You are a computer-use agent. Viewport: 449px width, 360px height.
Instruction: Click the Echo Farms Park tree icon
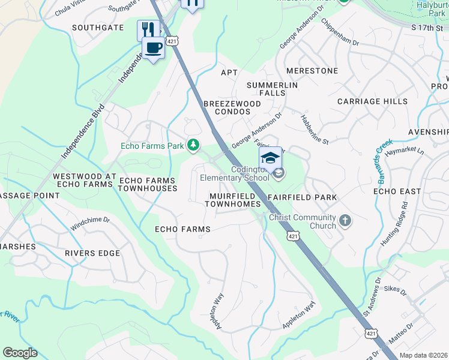click(193, 145)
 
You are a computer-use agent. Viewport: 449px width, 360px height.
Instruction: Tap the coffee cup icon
click(153, 47)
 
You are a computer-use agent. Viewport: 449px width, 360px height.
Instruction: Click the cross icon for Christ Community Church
click(345, 220)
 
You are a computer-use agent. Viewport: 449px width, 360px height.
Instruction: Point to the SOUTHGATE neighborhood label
click(98, 28)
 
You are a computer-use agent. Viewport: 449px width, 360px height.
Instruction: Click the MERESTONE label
click(312, 71)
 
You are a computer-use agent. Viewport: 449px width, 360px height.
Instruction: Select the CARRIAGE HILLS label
click(372, 101)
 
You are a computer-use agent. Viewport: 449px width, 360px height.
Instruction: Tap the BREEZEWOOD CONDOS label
click(232, 108)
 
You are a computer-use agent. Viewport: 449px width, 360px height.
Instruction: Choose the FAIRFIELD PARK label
click(302, 197)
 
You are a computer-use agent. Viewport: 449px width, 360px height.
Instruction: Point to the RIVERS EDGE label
click(93, 253)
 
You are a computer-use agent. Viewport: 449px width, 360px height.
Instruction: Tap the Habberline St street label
click(315, 129)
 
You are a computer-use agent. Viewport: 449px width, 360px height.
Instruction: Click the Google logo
click(20, 353)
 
